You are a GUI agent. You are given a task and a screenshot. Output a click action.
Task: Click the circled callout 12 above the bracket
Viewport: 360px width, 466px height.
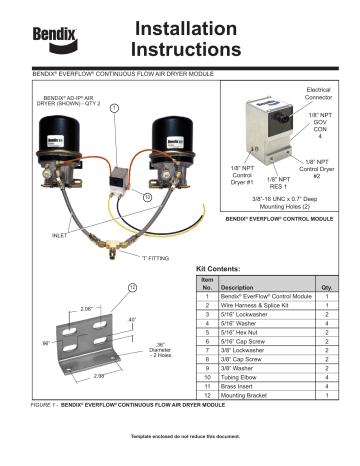[x=130, y=290]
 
